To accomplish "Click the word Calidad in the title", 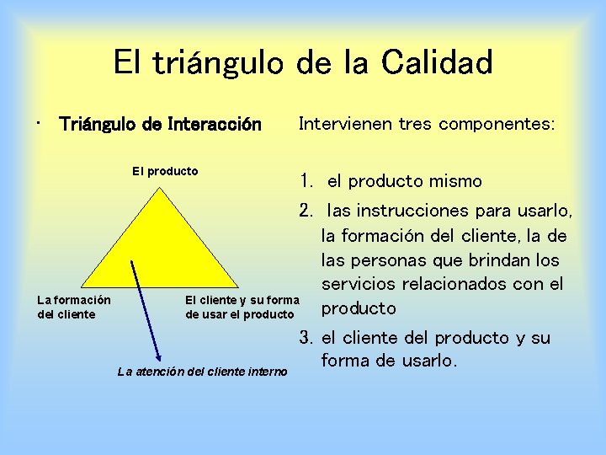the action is click(x=437, y=63).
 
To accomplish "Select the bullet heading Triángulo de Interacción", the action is click(x=160, y=125).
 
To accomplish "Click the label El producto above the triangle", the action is click(x=165, y=171).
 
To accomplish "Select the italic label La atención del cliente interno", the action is click(x=202, y=371).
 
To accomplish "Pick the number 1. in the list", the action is click(x=307, y=181).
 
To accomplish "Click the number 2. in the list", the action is click(x=307, y=209).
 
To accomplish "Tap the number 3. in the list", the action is click(x=307, y=338).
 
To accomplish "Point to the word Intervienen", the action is click(x=340, y=124).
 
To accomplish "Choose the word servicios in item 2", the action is click(x=357, y=284).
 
